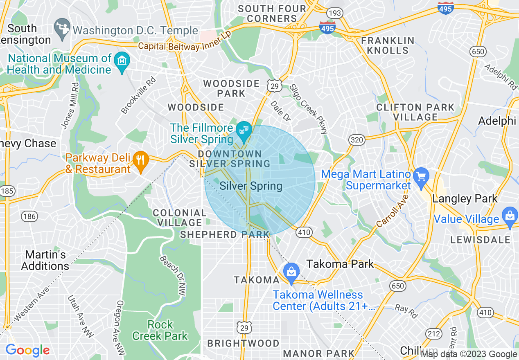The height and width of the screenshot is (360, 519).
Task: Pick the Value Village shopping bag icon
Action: tap(510, 217)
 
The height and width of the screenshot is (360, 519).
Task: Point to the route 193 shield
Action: tap(335, 13)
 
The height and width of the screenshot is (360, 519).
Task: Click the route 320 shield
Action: tap(357, 140)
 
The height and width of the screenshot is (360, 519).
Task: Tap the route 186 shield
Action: tap(29, 216)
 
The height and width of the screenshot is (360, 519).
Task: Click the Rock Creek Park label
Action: tap(160, 330)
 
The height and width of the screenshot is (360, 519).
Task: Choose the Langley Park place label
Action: tap(465, 199)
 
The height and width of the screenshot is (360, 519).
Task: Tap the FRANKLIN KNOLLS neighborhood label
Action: tap(388, 45)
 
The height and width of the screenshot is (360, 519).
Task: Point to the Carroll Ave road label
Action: tap(392, 210)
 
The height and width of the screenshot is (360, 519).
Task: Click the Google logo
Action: tap(27, 350)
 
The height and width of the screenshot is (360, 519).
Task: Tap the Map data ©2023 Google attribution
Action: tap(469, 354)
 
